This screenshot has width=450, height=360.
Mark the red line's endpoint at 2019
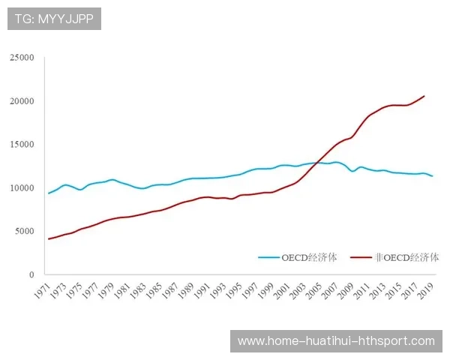(424, 96)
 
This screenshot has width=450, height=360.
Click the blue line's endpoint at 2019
(433, 176)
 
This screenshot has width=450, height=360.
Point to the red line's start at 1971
(49, 238)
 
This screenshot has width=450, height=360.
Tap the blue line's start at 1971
(49, 193)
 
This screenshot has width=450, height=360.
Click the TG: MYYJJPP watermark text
(54, 19)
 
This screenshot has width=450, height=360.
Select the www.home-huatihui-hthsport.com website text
(336, 341)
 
